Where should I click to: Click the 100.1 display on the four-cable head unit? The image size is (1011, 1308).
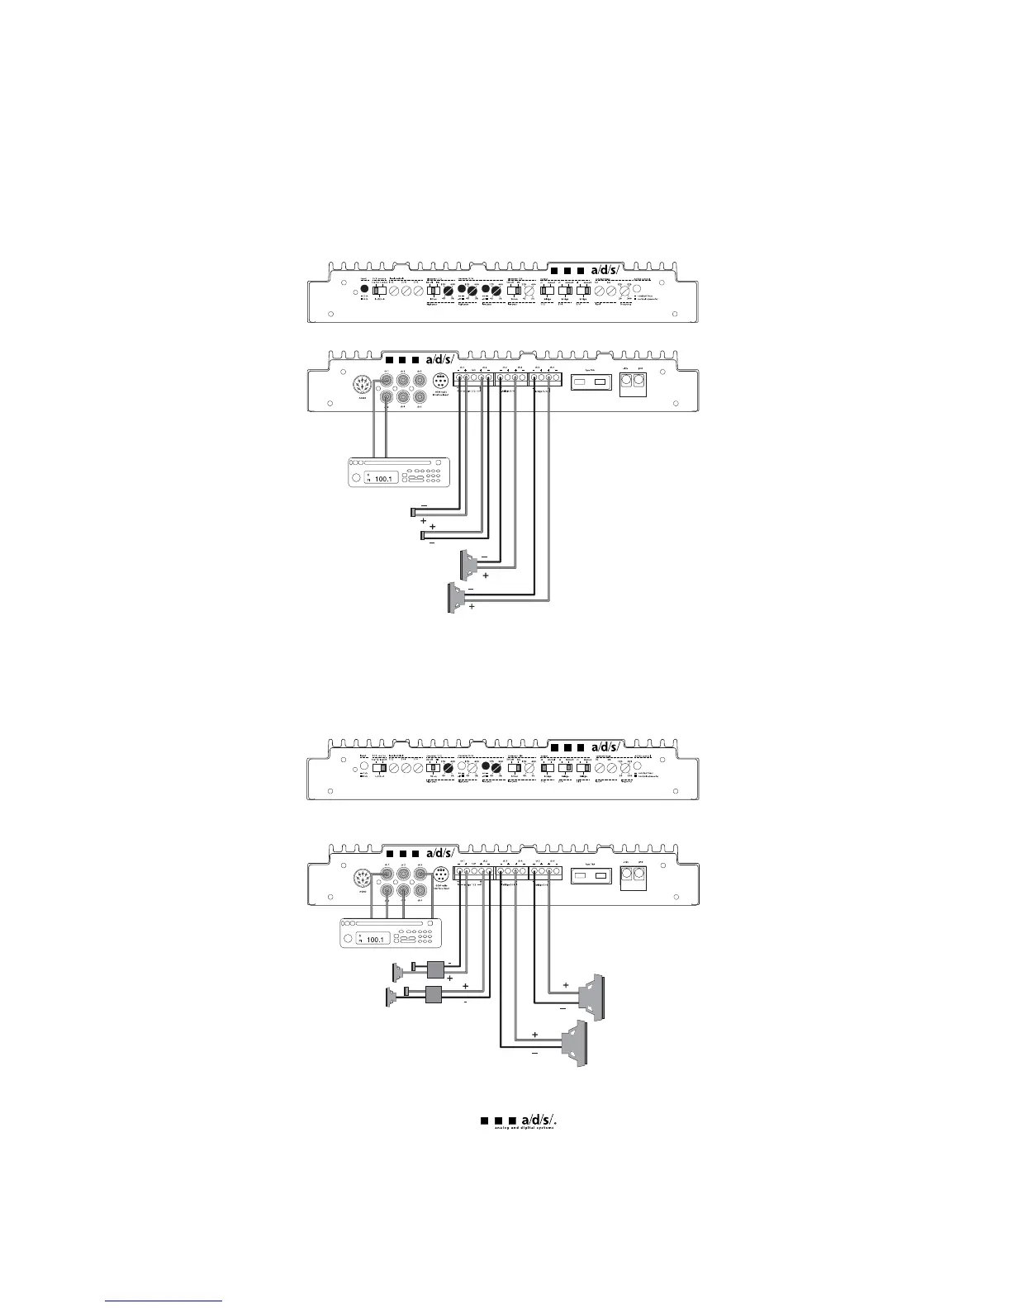(376, 940)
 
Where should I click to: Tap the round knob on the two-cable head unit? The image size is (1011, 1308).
(356, 478)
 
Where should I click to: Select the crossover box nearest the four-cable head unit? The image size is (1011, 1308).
(435, 971)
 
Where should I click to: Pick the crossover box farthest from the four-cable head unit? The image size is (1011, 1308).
(434, 996)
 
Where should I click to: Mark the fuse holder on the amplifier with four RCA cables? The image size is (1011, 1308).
(591, 875)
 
